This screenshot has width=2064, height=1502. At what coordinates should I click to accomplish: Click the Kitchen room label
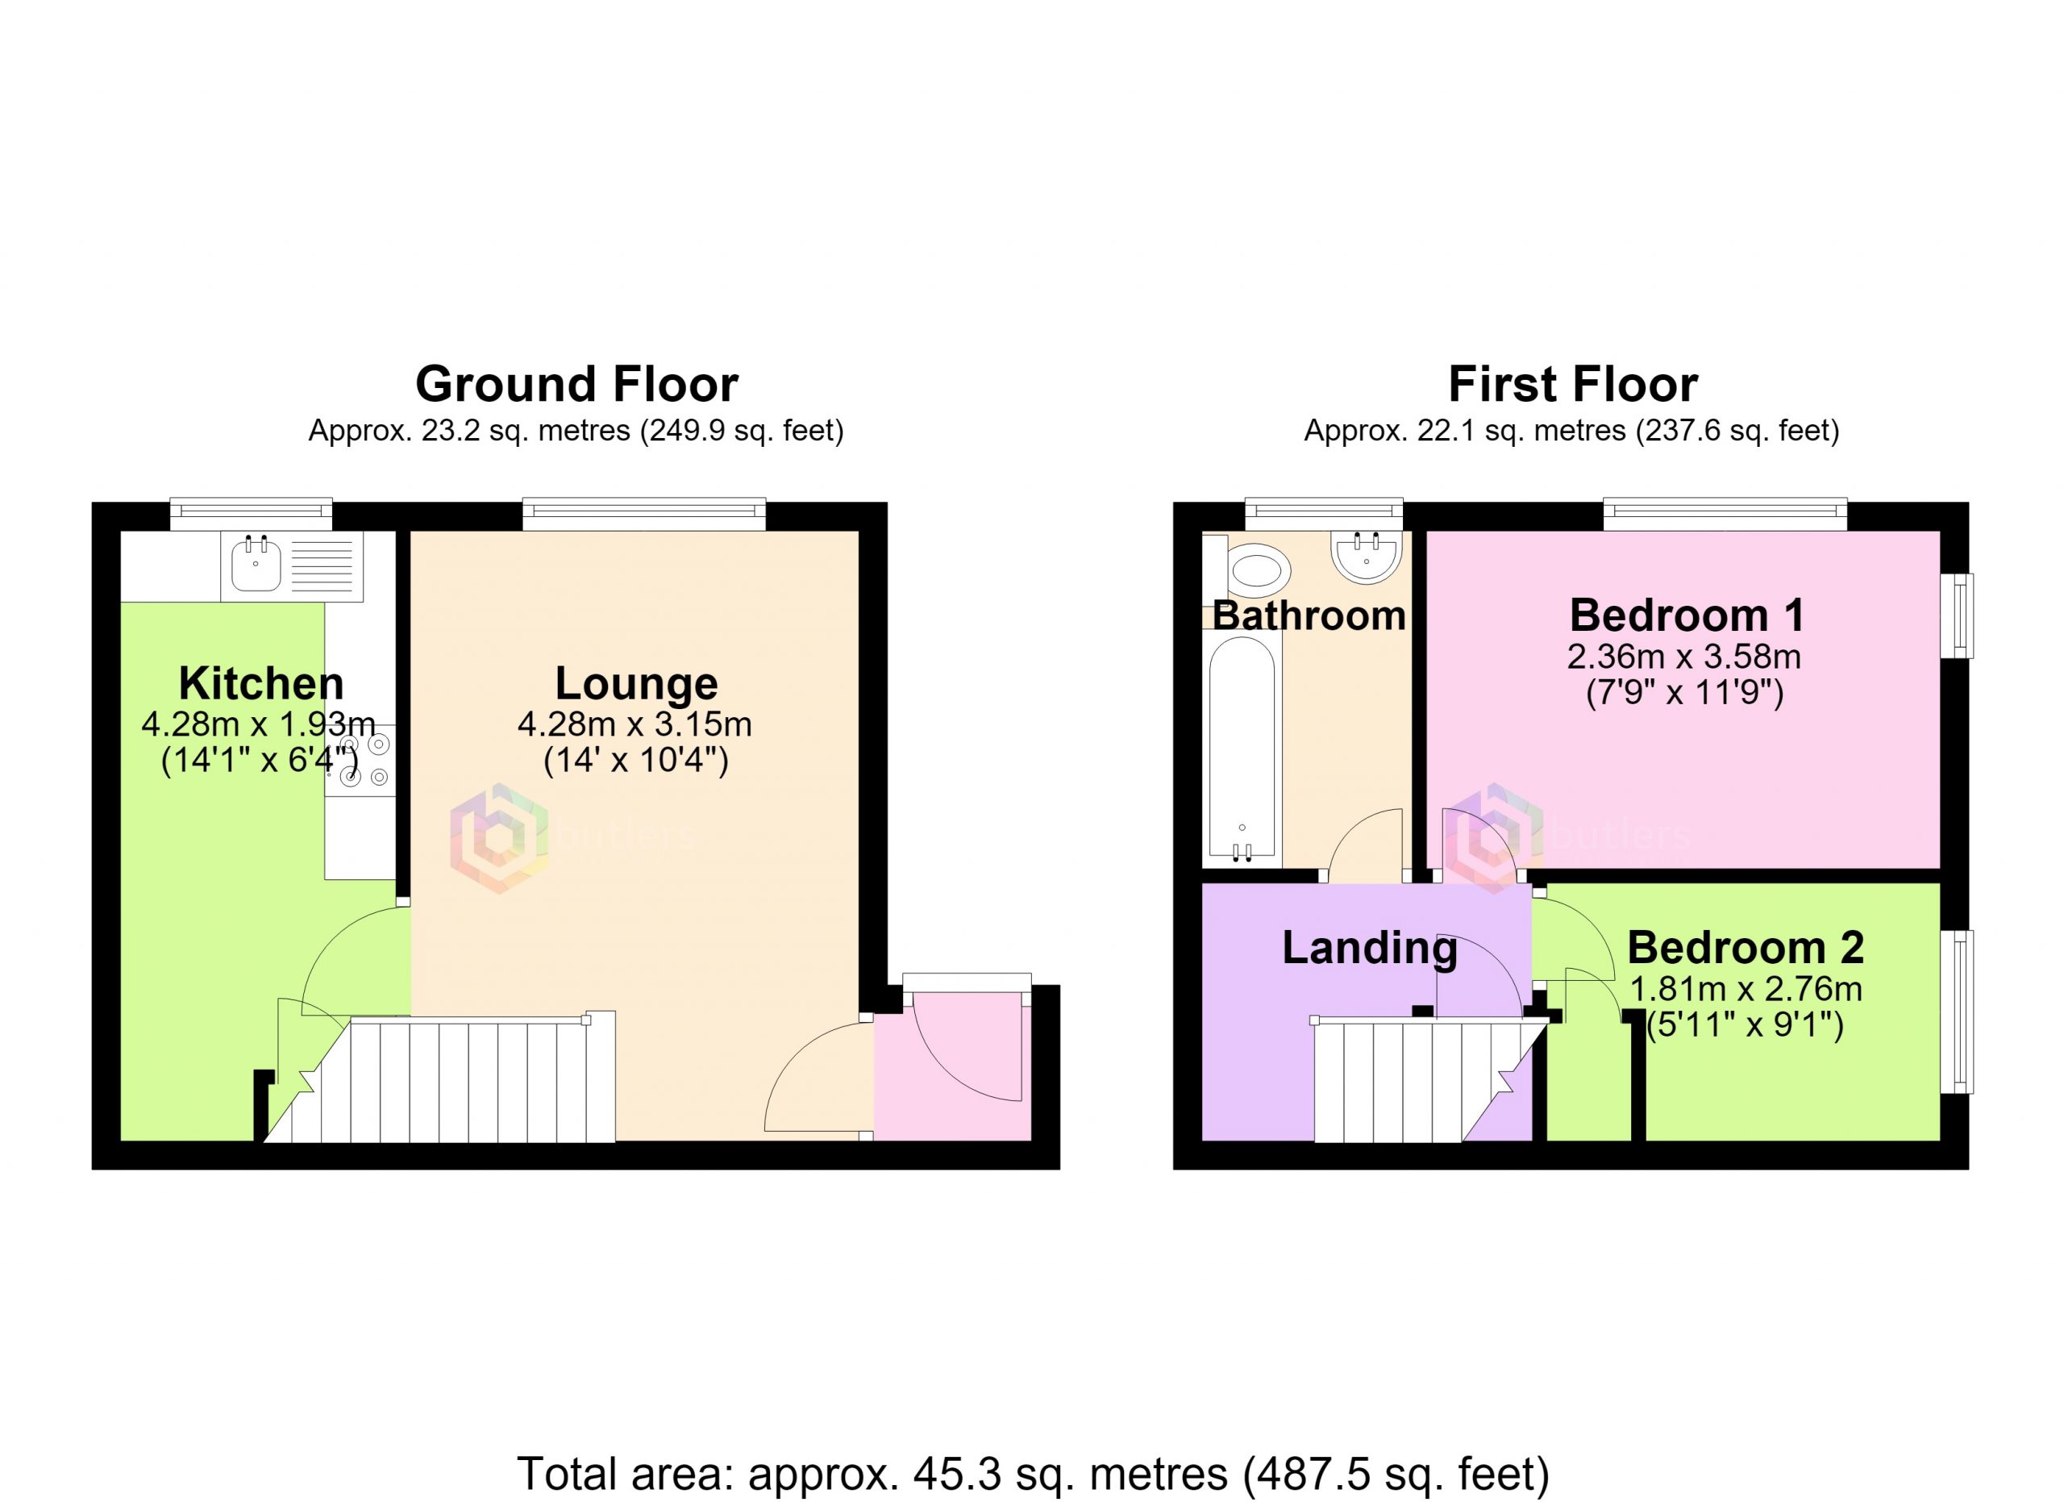261,682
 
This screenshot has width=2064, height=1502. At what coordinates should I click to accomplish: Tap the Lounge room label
636,683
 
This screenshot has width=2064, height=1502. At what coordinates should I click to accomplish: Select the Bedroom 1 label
1687,615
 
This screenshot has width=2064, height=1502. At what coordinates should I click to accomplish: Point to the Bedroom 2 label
1745,948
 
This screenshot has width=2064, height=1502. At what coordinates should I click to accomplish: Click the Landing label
1370,949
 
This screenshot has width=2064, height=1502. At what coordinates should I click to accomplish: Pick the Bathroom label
1309,616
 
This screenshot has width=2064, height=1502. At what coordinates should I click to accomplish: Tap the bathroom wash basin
1366,557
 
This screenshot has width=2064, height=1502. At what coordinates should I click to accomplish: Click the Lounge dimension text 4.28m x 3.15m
635,724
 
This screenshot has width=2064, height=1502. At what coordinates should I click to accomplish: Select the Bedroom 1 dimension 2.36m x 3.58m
1684,657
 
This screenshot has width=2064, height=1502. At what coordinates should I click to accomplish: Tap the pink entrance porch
952,1066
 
